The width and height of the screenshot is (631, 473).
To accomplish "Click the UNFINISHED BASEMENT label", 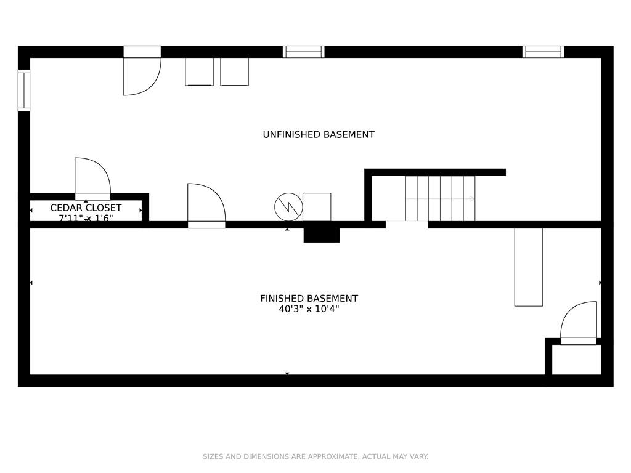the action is (319, 134).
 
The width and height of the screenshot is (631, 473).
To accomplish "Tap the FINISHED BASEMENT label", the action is (309, 299).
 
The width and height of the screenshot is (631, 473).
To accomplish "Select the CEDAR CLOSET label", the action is (86, 208).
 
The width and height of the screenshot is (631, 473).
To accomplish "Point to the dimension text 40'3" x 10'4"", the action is (309, 309).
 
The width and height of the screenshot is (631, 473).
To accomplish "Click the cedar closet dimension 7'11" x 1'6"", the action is (86, 218).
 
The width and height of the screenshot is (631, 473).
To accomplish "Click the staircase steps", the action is (440, 198).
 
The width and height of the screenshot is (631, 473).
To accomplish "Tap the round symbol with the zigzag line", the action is (288, 207).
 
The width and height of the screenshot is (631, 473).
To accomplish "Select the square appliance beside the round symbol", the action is (317, 207).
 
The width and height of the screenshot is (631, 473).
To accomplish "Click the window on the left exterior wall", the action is (24, 91).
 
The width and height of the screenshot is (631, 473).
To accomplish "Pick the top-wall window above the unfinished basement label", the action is (303, 52).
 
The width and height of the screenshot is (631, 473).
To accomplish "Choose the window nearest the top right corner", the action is (543, 52).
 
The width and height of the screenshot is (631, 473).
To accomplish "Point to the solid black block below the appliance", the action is (322, 235).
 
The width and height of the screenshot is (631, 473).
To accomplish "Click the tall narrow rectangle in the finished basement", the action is (528, 267).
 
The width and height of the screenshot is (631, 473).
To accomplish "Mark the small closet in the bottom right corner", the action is (576, 360).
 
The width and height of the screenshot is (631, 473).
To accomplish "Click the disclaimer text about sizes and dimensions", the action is (315, 456).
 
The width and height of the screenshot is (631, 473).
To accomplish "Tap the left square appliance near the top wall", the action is (199, 71).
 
